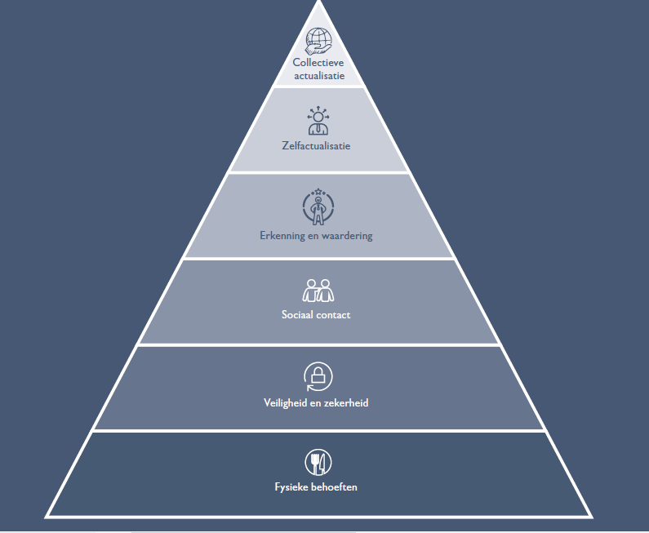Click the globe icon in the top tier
[318, 40]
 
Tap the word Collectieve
[318, 62]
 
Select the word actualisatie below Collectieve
[318, 76]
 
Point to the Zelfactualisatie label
[318, 146]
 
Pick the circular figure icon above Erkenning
[318, 207]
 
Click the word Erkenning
[280, 236]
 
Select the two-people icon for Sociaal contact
[318, 291]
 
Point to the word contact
[336, 314]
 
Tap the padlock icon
[318, 376]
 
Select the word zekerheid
[346, 402]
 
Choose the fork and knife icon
[318, 463]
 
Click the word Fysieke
[292, 487]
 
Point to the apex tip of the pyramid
[318, 3]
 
